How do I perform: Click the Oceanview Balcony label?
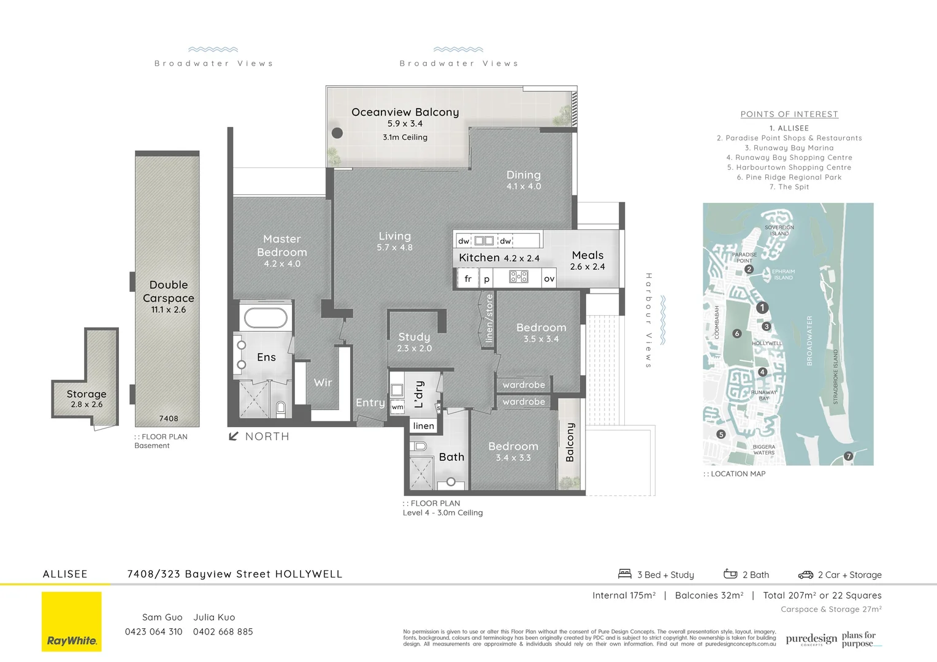pos(405,112)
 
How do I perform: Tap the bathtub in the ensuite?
pos(266,318)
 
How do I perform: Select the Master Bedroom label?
pos(281,245)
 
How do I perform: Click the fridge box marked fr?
pos(468,279)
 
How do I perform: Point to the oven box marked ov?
pos(549,279)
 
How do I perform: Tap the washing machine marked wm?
pos(397,406)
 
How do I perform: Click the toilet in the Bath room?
pos(419,446)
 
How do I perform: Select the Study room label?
pos(414,337)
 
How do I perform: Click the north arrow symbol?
pos(234,436)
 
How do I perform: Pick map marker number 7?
pos(849,456)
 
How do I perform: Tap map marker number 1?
pos(762,308)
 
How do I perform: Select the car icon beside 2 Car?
pos(805,575)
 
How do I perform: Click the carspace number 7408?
pos(169,419)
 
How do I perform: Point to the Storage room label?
pos(86,394)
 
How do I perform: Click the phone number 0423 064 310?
pos(153,632)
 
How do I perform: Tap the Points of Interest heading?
pos(789,114)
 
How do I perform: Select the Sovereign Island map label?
pos(779,230)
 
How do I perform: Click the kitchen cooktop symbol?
pos(519,277)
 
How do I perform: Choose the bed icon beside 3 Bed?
pos(625,574)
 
